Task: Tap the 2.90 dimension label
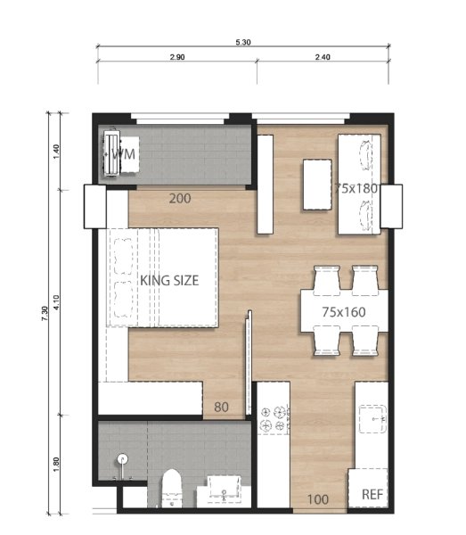click(x=176, y=57)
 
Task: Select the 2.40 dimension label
click(x=322, y=57)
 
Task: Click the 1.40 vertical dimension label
click(x=56, y=151)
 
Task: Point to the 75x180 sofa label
click(x=359, y=189)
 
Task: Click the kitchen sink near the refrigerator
click(x=372, y=419)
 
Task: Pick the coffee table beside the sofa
click(x=318, y=184)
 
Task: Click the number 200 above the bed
click(x=180, y=199)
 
